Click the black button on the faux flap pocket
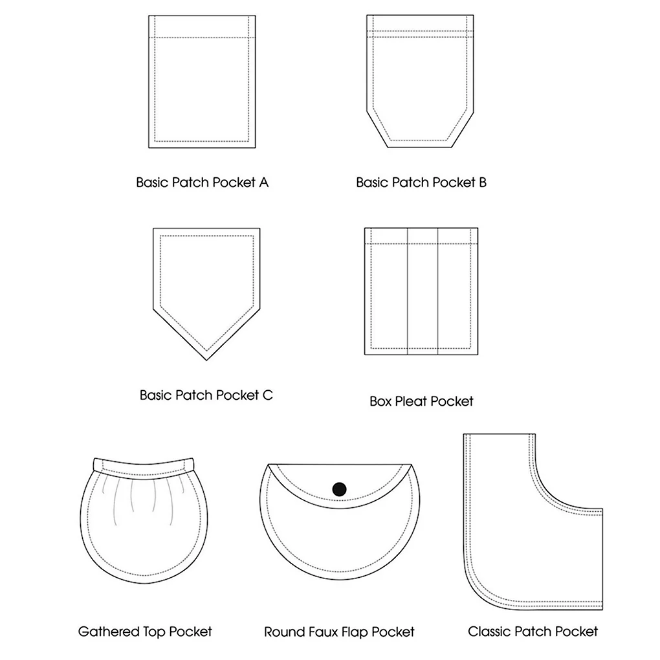pyautogui.click(x=339, y=489)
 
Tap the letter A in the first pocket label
pyautogui.click(x=263, y=182)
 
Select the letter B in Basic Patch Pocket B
pyautogui.click(x=482, y=182)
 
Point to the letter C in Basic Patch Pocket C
pyautogui.click(x=268, y=395)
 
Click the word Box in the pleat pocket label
pyautogui.click(x=380, y=401)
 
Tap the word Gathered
pyautogui.click(x=109, y=632)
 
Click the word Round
pyautogui.click(x=281, y=632)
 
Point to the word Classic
pyautogui.click(x=490, y=632)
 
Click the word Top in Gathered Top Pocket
pyautogui.click(x=155, y=632)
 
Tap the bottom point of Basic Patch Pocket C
pyautogui.click(x=206, y=360)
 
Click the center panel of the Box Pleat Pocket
pyautogui.click(x=423, y=291)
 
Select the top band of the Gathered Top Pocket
pyautogui.click(x=144, y=465)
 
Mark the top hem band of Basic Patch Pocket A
pyautogui.click(x=202, y=27)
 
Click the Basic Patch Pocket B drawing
pyautogui.click(x=420, y=82)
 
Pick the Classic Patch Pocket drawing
pyautogui.click(x=533, y=522)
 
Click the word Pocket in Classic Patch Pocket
pyautogui.click(x=577, y=632)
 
